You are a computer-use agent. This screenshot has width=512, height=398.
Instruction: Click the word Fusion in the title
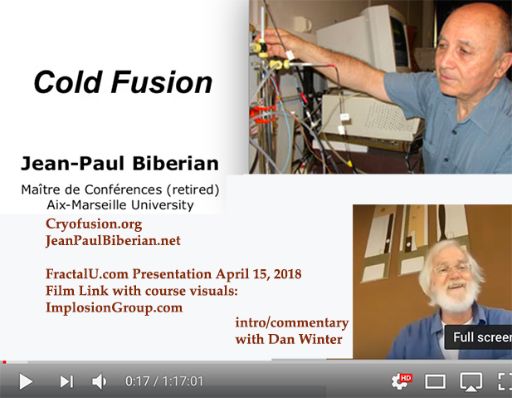(x=162, y=82)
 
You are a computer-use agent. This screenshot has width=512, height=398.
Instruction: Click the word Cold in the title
(x=68, y=82)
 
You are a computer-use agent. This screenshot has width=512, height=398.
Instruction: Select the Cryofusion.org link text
(x=94, y=224)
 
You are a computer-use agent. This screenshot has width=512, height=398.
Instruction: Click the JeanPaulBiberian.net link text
(x=113, y=241)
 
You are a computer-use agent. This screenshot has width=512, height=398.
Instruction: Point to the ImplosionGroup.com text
(x=114, y=307)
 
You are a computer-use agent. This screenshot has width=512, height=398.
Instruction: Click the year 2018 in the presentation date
(x=287, y=273)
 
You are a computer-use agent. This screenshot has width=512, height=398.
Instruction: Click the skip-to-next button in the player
(x=66, y=381)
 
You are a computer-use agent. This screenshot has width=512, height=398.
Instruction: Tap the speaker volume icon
(x=99, y=381)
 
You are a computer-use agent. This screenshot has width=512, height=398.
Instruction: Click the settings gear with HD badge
(x=401, y=381)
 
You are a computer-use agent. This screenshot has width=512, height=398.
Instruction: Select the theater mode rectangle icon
(x=435, y=381)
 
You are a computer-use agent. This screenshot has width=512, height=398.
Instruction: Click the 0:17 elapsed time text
(x=137, y=381)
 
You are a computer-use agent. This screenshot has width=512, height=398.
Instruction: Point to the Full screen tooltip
(x=478, y=337)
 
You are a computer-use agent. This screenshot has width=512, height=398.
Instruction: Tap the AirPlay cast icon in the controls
(x=471, y=381)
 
